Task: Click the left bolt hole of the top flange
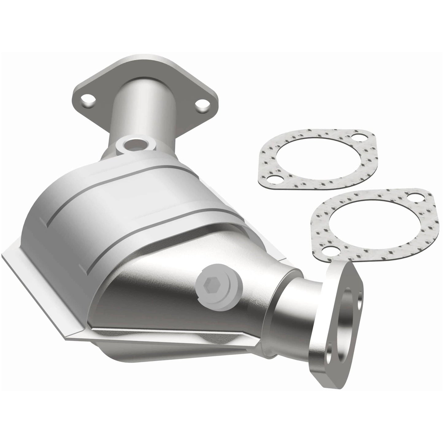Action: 89,101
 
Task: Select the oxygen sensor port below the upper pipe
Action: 134,144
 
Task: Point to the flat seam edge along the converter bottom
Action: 172,334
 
